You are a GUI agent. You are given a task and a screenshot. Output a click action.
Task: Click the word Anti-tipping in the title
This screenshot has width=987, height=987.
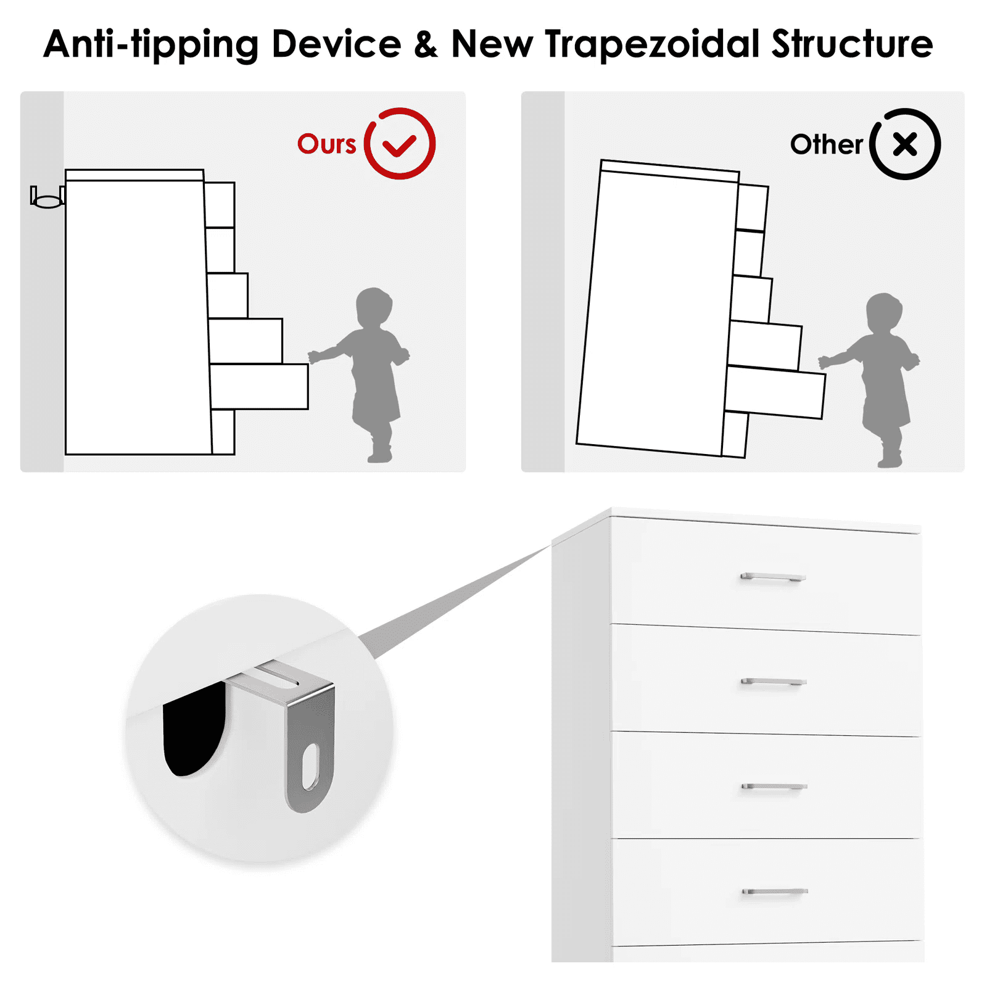tap(151, 45)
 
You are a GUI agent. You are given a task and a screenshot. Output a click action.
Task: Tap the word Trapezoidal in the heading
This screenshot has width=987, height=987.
tap(651, 45)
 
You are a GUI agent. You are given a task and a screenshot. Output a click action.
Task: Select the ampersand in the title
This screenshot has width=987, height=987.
tap(426, 44)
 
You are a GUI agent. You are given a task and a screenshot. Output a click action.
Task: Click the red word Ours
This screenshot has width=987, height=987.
tap(326, 144)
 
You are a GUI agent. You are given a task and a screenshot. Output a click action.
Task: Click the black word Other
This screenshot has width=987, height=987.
tap(826, 144)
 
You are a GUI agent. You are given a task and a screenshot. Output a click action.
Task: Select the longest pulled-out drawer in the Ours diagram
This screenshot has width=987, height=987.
tap(259, 387)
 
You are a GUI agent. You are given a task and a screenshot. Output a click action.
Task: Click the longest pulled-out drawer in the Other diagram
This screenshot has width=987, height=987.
tap(775, 392)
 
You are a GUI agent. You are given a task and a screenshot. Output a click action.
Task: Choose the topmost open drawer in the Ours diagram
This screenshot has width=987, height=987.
tap(220, 205)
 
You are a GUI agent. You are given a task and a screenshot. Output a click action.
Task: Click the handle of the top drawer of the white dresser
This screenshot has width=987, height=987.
tap(773, 577)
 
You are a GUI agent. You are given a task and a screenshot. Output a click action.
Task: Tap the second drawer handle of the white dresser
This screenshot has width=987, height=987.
tap(774, 682)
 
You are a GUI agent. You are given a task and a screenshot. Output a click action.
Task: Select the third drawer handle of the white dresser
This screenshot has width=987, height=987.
tap(774, 787)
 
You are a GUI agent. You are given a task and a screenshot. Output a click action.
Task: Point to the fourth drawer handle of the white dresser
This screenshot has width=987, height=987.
tap(775, 891)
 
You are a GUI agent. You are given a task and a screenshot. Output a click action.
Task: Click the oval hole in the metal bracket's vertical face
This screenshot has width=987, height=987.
tap(310, 767)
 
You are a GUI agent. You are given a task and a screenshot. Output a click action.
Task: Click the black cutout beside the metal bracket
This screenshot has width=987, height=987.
tap(194, 728)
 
